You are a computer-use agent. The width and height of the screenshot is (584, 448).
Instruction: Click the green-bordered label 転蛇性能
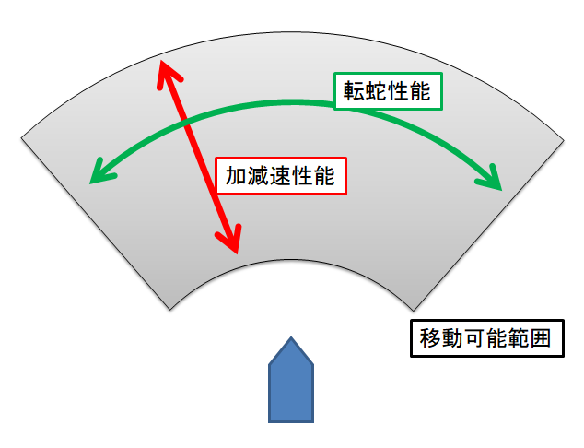coord(387,91)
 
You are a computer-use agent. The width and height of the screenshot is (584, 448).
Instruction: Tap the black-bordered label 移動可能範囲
coord(485,338)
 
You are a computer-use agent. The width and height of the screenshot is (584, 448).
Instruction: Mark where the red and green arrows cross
coord(186,121)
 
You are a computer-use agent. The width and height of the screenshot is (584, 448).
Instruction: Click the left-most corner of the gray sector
coord(21,138)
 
